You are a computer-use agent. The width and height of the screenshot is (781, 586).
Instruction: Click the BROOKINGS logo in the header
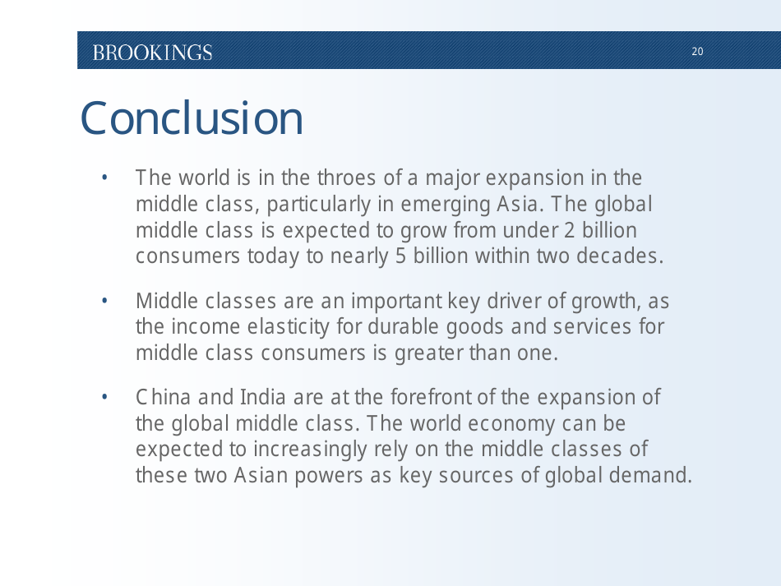point(152,53)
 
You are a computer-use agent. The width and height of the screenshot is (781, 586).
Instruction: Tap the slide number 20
point(697,52)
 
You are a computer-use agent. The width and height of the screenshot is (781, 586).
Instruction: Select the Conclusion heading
point(192,118)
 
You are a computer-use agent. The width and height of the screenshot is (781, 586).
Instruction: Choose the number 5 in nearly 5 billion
point(400,256)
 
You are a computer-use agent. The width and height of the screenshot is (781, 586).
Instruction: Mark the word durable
point(401,327)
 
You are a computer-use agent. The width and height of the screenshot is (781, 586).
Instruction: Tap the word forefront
point(431,398)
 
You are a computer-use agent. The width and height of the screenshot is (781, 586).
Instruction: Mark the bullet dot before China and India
point(105,398)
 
